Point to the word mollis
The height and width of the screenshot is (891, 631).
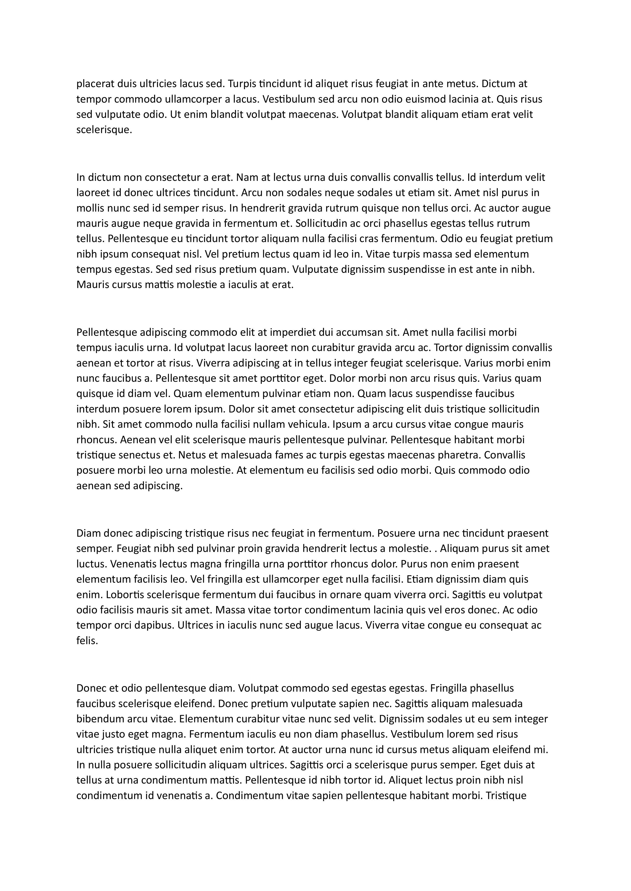pos(89,208)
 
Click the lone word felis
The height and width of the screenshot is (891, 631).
pos(87,641)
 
